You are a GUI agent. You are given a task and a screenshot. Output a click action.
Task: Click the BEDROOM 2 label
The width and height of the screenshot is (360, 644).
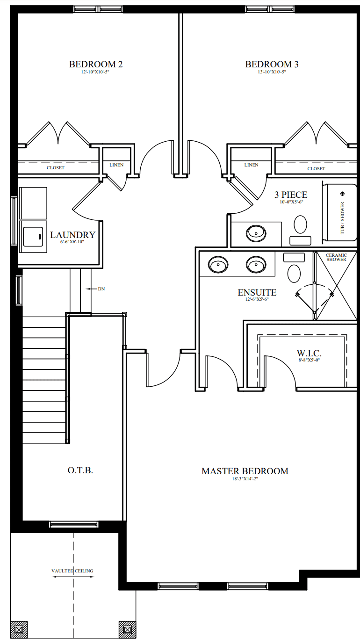96,65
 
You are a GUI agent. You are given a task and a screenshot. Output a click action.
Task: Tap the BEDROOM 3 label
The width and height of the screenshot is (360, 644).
272,65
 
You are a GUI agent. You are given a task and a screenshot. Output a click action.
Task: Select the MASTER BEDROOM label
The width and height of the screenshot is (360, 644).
245,471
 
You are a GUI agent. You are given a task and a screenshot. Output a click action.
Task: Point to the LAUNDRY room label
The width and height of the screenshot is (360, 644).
72,235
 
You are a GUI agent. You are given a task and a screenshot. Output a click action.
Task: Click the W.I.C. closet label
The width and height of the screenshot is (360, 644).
309,353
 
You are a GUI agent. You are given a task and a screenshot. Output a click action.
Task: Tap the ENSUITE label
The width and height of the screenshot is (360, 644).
257,293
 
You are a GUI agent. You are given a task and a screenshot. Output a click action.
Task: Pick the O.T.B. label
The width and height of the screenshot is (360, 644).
80,470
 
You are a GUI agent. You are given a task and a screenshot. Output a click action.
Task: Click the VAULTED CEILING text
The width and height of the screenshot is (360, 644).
72,571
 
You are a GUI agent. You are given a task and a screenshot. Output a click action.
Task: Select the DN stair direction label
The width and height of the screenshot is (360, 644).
101,289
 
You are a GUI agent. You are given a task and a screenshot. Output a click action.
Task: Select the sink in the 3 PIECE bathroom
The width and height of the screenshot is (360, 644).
256,232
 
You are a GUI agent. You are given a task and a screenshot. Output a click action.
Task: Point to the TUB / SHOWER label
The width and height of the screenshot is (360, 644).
342,218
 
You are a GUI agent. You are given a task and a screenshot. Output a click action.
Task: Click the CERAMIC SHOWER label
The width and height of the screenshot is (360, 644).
336,257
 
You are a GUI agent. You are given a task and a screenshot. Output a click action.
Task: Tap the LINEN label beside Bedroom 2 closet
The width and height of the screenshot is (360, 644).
116,165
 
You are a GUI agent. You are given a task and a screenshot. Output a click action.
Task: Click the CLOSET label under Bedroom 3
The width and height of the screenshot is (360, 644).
316,168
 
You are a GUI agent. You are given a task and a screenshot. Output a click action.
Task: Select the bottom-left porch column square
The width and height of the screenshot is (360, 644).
19,630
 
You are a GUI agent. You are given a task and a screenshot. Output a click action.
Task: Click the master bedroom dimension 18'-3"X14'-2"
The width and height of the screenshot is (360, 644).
245,479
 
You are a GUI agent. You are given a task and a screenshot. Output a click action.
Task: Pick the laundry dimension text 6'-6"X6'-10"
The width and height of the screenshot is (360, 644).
72,242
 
